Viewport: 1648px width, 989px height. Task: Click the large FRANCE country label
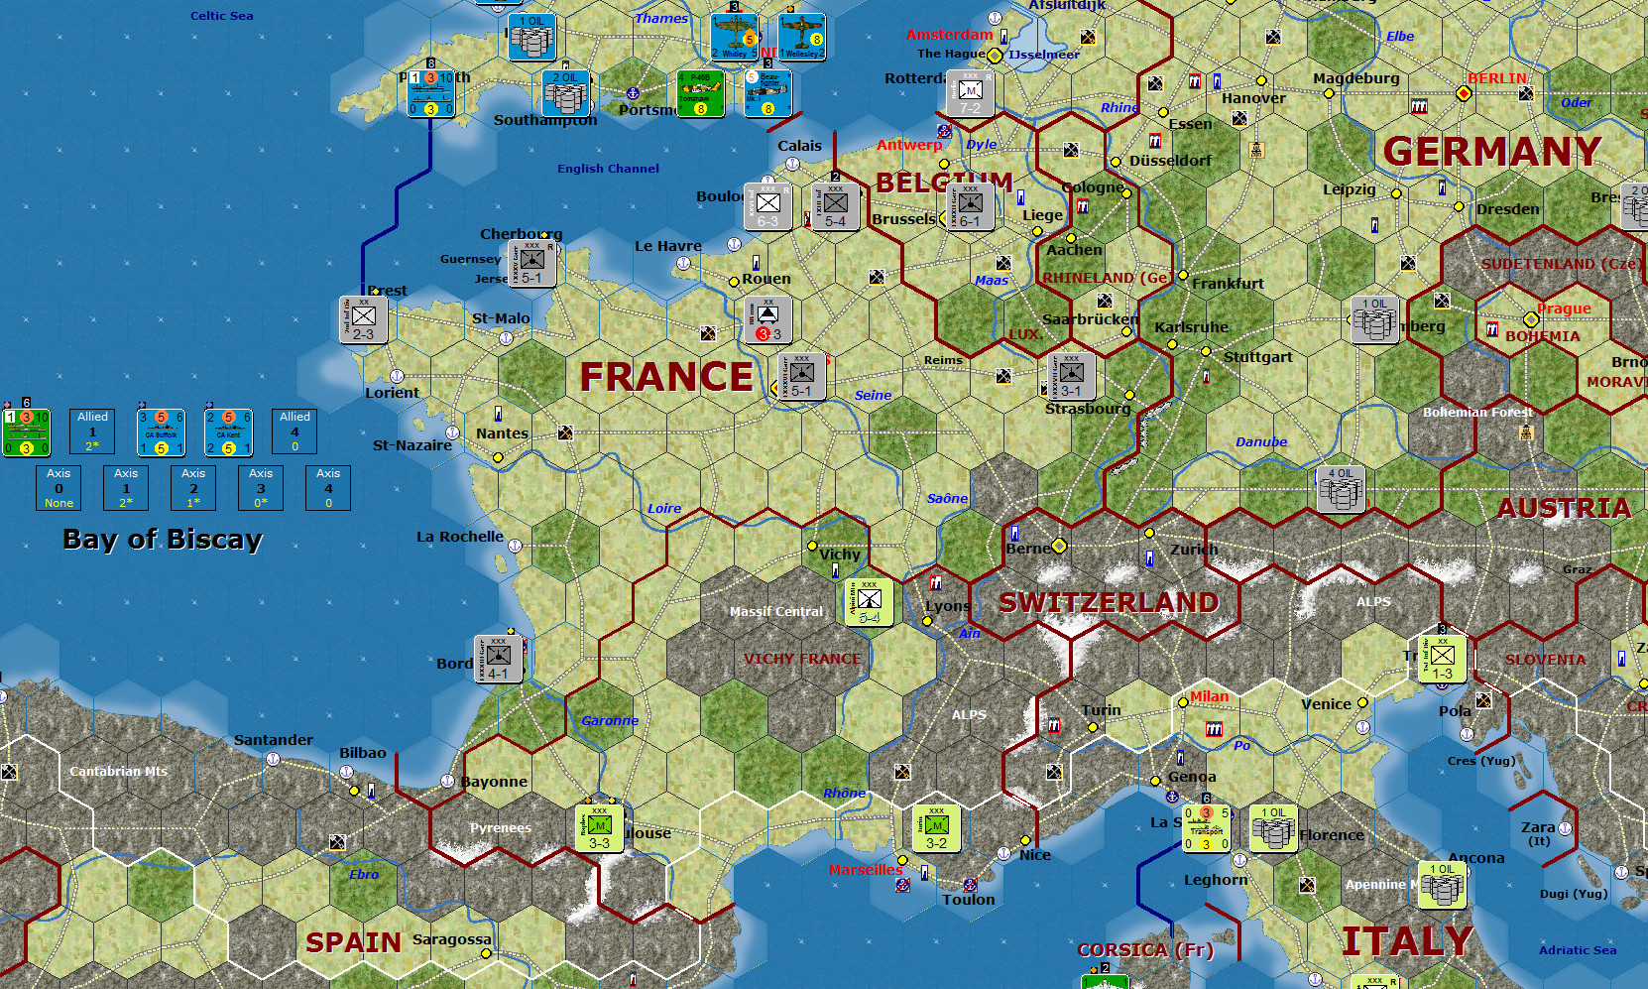(x=666, y=377)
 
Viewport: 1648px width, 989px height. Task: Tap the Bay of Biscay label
(x=163, y=539)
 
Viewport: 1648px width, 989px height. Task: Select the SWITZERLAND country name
(x=1109, y=602)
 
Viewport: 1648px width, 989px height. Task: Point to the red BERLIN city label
(x=1497, y=78)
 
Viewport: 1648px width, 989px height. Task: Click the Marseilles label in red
(x=866, y=870)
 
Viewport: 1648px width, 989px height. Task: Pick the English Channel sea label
(x=608, y=169)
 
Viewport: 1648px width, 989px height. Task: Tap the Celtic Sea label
(x=221, y=16)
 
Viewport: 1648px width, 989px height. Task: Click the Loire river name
(x=664, y=509)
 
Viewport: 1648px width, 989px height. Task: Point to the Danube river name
(x=1261, y=442)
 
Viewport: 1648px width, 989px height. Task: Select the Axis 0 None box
(x=59, y=488)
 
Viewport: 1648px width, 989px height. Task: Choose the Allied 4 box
(x=294, y=432)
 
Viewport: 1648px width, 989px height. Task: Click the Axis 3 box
(x=261, y=488)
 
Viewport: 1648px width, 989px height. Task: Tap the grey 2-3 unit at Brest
(x=364, y=319)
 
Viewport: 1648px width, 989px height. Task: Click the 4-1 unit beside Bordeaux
(x=499, y=659)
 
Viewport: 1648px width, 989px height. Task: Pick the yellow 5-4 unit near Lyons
(x=869, y=602)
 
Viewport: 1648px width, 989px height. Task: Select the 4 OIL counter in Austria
(x=1341, y=489)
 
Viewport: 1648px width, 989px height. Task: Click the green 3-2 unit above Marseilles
(x=936, y=828)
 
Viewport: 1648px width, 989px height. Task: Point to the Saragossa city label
(x=451, y=939)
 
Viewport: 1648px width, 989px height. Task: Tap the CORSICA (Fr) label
(x=1145, y=949)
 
